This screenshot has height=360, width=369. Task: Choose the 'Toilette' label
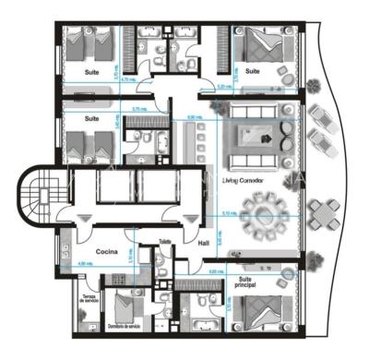click(165, 242)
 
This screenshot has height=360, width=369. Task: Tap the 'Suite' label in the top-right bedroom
click(252, 70)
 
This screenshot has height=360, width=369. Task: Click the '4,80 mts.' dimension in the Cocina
click(85, 265)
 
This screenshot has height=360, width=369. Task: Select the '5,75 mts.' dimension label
click(140, 111)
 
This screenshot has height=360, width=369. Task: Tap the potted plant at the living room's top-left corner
click(219, 107)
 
